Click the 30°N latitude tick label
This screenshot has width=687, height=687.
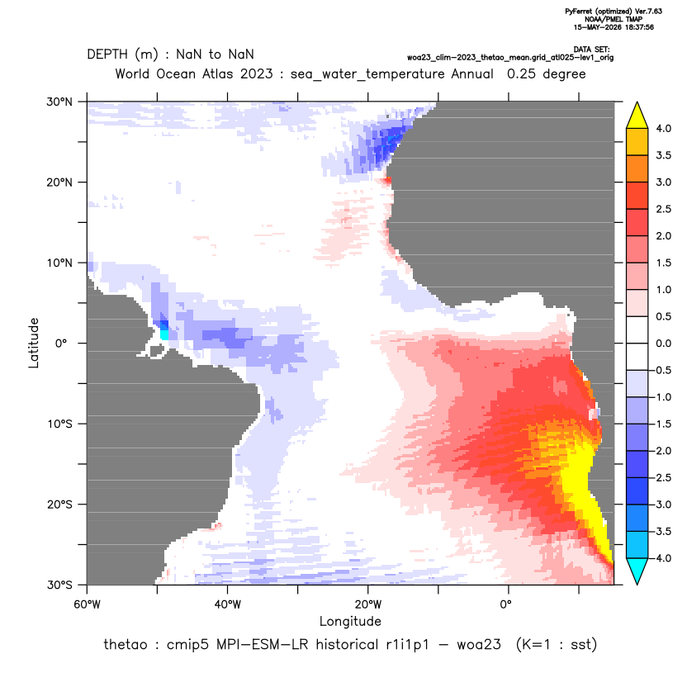pyautogui.click(x=59, y=102)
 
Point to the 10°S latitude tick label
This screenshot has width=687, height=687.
pyautogui.click(x=59, y=424)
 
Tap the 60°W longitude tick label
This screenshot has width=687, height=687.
pyautogui.click(x=88, y=604)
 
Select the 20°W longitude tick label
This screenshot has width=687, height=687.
pyautogui.click(x=368, y=604)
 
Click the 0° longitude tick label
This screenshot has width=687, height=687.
pyautogui.click(x=505, y=604)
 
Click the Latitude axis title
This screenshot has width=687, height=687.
pyautogui.click(x=34, y=343)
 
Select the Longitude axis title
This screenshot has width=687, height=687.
pyautogui.click(x=350, y=622)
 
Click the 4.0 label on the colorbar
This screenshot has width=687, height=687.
pyautogui.click(x=663, y=128)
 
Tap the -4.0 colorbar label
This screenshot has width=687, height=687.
pyautogui.click(x=661, y=558)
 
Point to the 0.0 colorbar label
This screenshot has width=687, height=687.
pyautogui.click(x=663, y=343)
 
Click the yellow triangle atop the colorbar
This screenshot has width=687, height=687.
pyautogui.click(x=637, y=116)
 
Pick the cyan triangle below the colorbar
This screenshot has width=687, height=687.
pyautogui.click(x=637, y=571)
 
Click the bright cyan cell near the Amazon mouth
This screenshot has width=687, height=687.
pyautogui.click(x=164, y=334)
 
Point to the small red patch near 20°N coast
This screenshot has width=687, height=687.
pyautogui.click(x=387, y=180)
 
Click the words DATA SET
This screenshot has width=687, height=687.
pyautogui.click(x=591, y=50)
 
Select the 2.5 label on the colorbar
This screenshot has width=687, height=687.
pyautogui.click(x=663, y=209)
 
